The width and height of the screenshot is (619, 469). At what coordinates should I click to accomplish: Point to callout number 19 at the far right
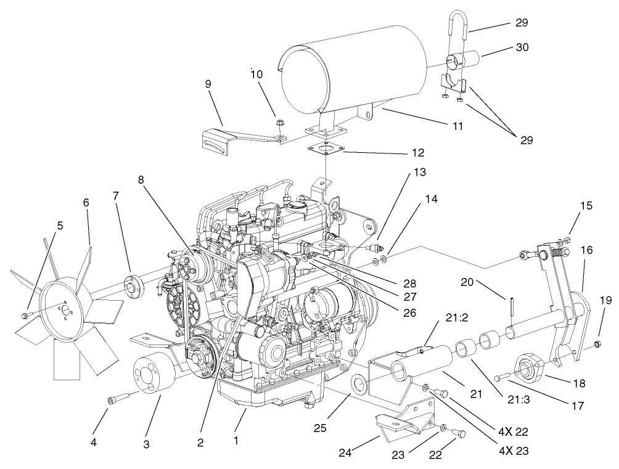605,301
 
